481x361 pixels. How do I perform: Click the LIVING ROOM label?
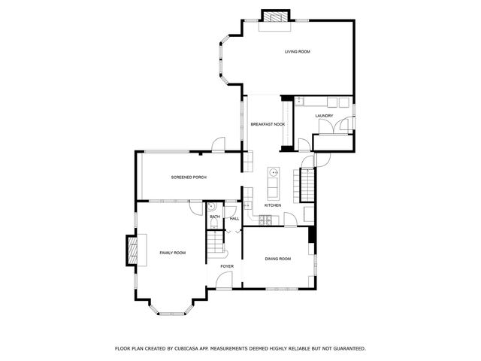(x=298, y=51)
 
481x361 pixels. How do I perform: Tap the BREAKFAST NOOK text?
(x=267, y=123)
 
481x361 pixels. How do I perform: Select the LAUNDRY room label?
(x=324, y=116)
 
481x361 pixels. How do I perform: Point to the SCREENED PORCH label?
(x=189, y=177)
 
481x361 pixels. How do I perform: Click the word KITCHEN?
(x=273, y=205)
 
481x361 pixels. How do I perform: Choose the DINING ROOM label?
(x=277, y=259)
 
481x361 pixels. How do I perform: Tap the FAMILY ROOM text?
(x=172, y=253)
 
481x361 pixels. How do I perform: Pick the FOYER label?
(x=227, y=266)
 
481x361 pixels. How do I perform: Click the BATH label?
(x=214, y=218)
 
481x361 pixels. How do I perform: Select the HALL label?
(x=234, y=218)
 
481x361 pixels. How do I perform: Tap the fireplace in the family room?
(x=132, y=250)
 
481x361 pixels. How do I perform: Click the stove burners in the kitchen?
(x=265, y=220)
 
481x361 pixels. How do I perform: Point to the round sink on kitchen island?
(x=274, y=171)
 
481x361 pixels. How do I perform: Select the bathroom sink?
(x=212, y=205)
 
